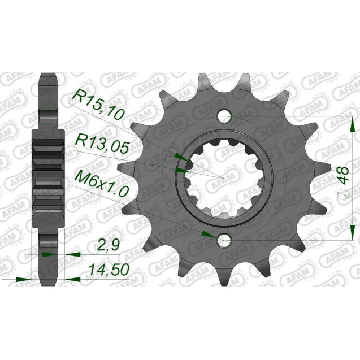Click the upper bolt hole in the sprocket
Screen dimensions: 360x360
pos(225,116)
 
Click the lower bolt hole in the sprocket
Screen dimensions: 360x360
pos(225,241)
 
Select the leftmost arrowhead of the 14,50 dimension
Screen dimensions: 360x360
pos(23,278)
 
